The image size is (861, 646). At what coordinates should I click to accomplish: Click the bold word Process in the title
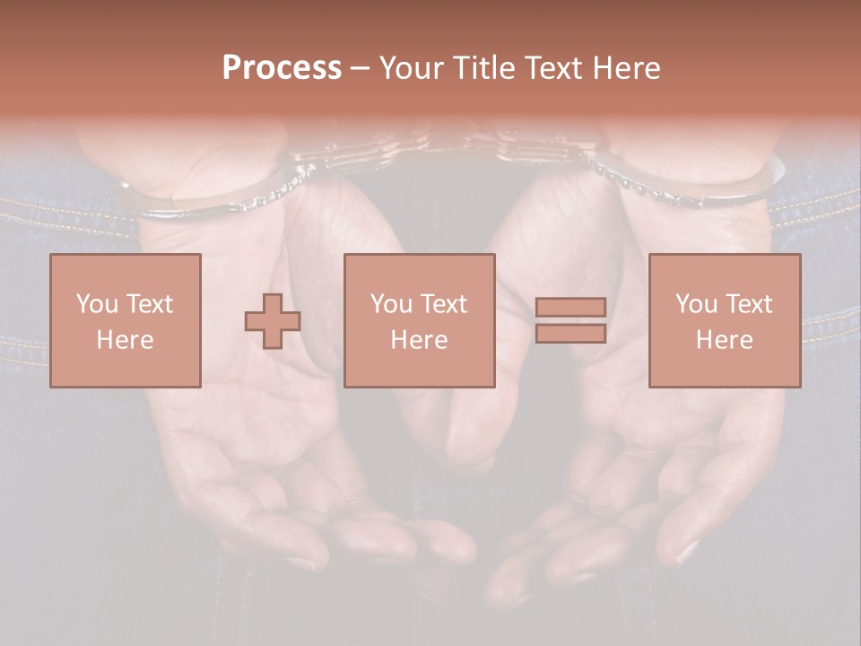tap(282, 68)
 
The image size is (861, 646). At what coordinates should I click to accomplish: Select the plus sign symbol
tap(273, 321)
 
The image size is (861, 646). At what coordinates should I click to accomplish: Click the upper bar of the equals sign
tap(570, 307)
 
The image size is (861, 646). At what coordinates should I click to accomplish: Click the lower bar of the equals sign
tap(570, 334)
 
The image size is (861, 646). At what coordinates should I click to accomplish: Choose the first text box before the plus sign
tap(126, 320)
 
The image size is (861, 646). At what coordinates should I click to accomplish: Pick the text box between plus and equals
tap(419, 320)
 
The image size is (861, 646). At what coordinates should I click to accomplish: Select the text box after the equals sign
tap(725, 320)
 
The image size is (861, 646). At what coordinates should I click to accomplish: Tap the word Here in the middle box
tap(419, 340)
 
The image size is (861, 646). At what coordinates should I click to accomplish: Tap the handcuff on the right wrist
tap(691, 184)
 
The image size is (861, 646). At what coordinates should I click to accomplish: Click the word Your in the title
tap(411, 68)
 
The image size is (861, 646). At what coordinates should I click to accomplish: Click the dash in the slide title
tap(361, 68)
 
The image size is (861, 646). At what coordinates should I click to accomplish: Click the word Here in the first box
tap(126, 340)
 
